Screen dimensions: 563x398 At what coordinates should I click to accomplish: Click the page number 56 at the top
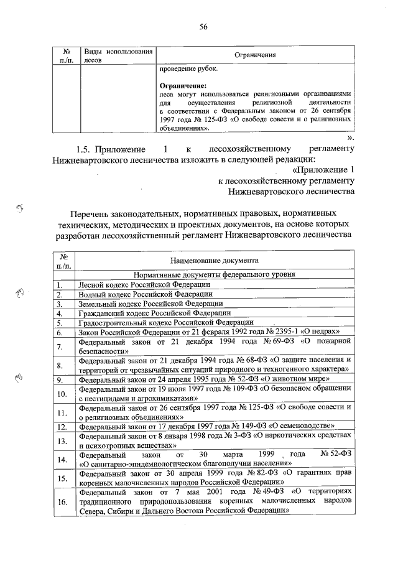point(203,27)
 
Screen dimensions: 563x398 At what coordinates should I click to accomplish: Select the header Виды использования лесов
point(118,55)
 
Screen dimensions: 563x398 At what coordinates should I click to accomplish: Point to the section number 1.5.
point(88,150)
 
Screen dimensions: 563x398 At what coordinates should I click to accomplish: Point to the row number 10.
point(62,394)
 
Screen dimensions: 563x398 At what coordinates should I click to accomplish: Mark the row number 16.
point(62,502)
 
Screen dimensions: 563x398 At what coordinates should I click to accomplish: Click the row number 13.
point(62,441)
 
